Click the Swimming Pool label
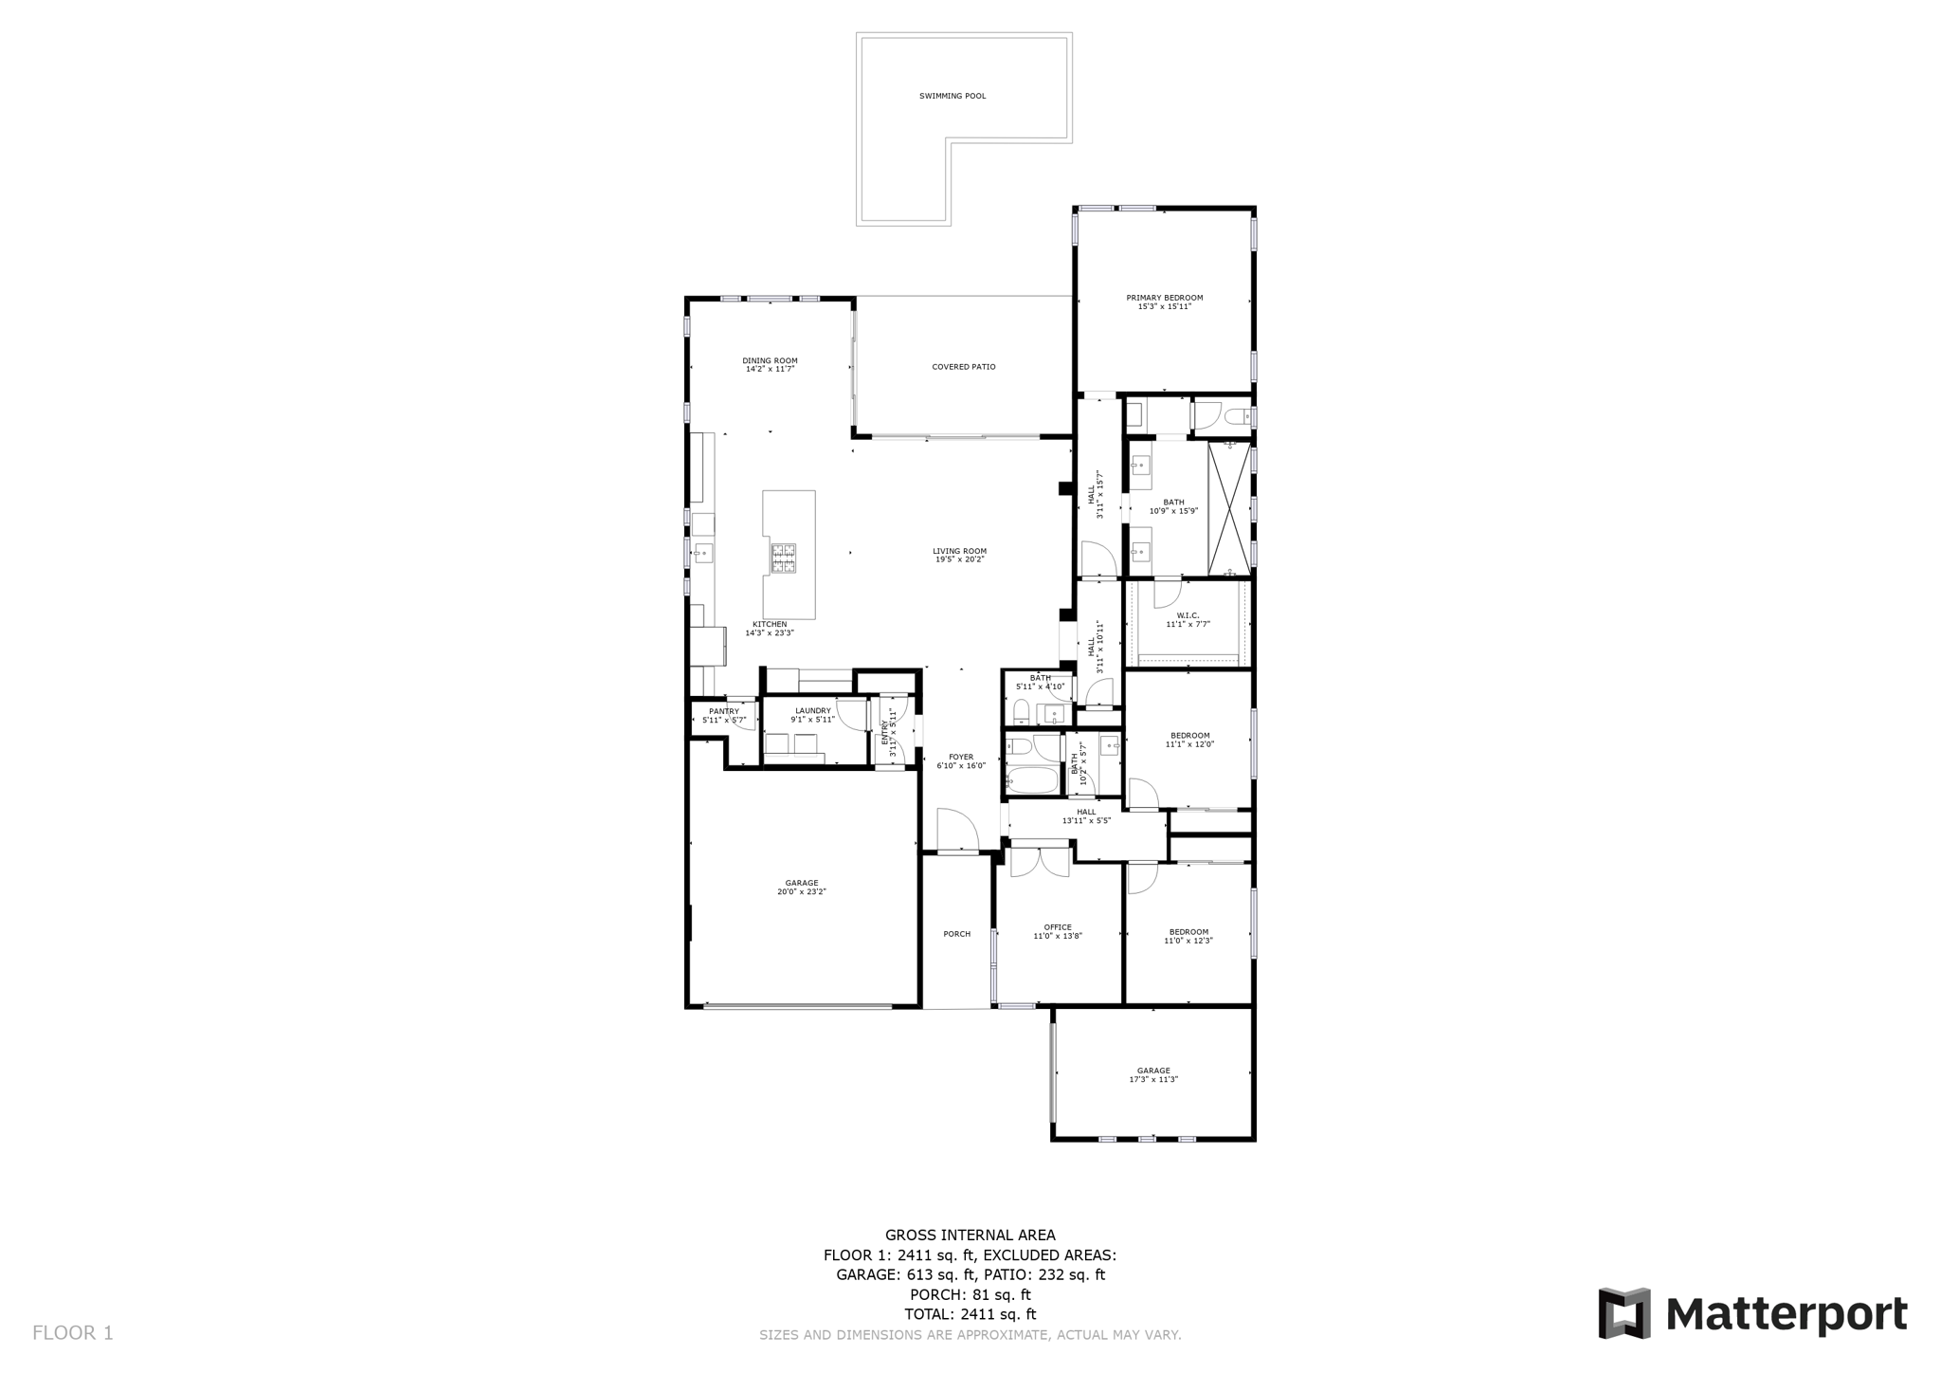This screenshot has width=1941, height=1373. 952,96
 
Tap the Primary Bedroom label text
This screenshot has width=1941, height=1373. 1164,298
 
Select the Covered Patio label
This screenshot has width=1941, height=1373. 963,367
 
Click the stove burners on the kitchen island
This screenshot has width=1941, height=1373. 783,558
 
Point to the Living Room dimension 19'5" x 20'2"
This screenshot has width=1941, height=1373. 959,559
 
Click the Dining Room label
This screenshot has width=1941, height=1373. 770,360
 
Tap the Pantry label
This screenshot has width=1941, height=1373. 723,711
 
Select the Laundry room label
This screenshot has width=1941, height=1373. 812,711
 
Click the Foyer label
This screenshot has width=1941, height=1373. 961,757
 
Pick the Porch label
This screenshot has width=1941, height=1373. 956,934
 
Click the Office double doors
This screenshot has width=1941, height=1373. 1040,861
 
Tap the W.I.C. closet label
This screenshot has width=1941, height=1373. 1188,615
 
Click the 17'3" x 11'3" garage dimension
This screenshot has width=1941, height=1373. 1152,1079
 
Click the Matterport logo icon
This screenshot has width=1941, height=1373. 1624,1313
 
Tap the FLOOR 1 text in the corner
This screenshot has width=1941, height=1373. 73,1332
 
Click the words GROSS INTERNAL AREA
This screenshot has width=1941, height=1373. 970,1235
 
